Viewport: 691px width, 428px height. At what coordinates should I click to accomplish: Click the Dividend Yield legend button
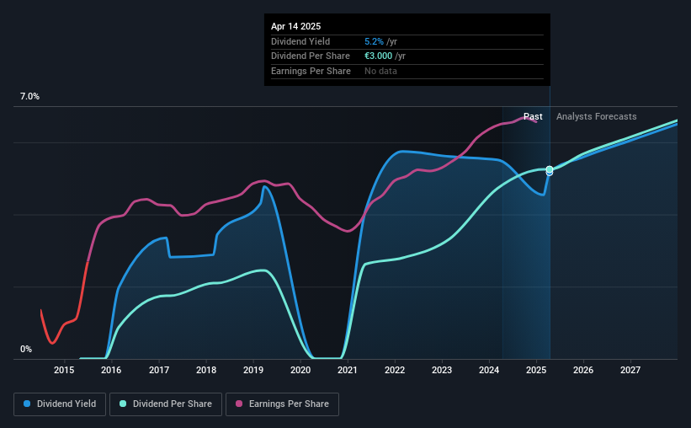click(60, 404)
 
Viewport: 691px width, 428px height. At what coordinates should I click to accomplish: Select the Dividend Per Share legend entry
click(166, 404)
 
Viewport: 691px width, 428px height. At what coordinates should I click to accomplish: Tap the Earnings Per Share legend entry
click(282, 404)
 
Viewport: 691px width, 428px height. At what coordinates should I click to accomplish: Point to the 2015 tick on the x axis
click(64, 370)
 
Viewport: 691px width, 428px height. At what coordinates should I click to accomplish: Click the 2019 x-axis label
click(253, 370)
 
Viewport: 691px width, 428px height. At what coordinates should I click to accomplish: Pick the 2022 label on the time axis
click(395, 370)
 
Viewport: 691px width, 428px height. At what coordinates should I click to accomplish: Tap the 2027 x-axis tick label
click(630, 370)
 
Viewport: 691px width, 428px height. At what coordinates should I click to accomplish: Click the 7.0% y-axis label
click(29, 96)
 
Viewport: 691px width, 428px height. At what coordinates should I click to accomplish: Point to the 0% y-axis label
click(26, 349)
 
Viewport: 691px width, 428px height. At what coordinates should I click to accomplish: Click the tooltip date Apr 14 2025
click(295, 26)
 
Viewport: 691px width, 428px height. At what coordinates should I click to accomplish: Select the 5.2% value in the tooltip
click(374, 41)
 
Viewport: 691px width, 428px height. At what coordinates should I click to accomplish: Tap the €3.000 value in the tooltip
click(378, 56)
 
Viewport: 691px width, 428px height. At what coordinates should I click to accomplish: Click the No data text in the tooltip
click(380, 71)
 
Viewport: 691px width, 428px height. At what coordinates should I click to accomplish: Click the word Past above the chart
click(533, 116)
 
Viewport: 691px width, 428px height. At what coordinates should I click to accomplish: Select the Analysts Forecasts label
click(596, 116)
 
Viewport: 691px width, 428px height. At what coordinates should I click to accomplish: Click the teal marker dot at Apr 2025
click(550, 169)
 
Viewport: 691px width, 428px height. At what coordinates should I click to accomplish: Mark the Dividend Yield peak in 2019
click(264, 187)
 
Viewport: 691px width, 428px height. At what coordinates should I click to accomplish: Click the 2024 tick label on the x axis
click(489, 370)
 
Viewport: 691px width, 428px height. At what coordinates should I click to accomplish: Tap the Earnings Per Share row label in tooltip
click(311, 71)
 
